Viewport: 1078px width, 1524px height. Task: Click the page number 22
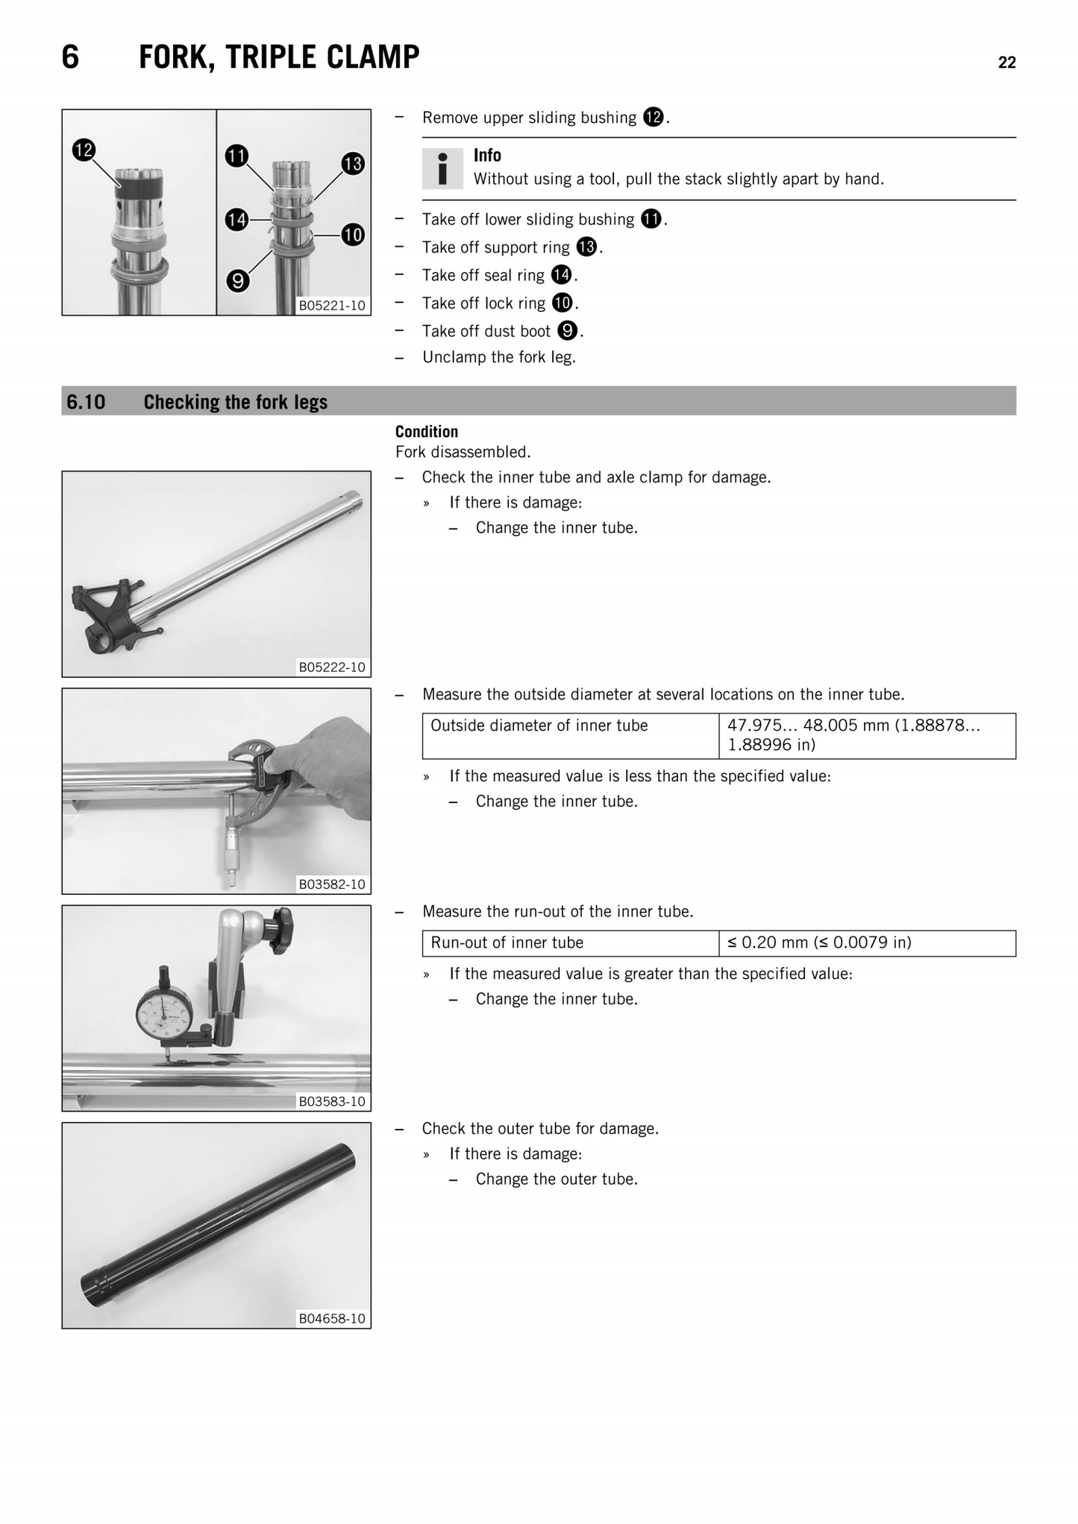(x=1006, y=63)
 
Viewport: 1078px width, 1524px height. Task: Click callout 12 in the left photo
(x=84, y=150)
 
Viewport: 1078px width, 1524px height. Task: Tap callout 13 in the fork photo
(x=353, y=163)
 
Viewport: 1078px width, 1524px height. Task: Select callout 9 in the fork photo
(x=237, y=281)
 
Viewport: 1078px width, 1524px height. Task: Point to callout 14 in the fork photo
(x=236, y=220)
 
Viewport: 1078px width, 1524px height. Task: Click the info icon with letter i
(x=442, y=169)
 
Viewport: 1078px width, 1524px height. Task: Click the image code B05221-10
(x=332, y=306)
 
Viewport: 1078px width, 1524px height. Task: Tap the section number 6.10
(x=86, y=403)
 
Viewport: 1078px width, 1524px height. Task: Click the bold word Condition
(x=426, y=432)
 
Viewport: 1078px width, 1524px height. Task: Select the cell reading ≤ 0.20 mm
(x=866, y=942)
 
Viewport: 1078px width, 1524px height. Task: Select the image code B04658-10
(x=332, y=1318)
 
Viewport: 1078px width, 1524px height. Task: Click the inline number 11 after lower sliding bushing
(x=651, y=219)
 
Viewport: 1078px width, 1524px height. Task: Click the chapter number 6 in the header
(x=70, y=57)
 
